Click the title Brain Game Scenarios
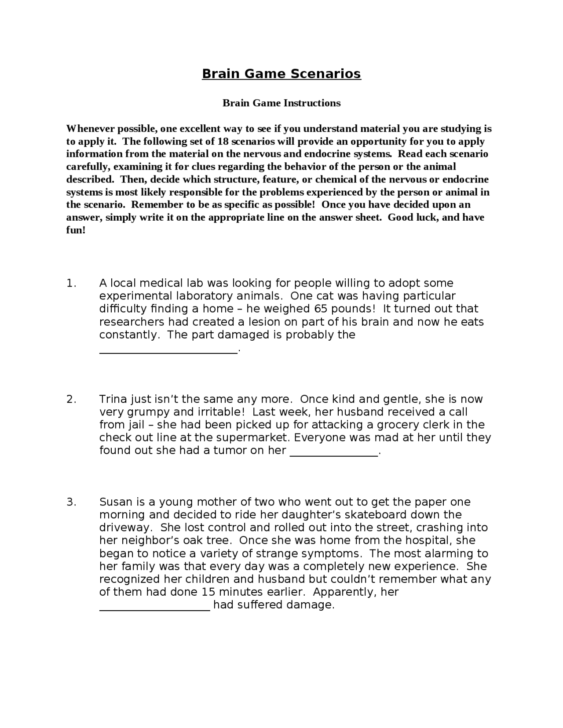[281, 73]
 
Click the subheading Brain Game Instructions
[281, 103]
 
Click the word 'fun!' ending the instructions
[76, 230]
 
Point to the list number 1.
[71, 284]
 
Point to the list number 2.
[71, 400]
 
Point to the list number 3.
[71, 502]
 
